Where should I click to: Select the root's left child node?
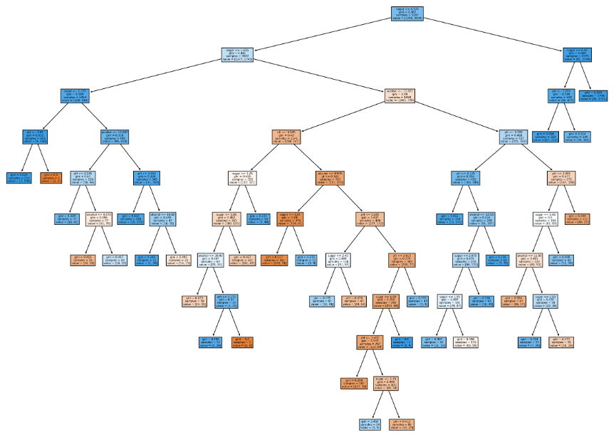tap(243, 55)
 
